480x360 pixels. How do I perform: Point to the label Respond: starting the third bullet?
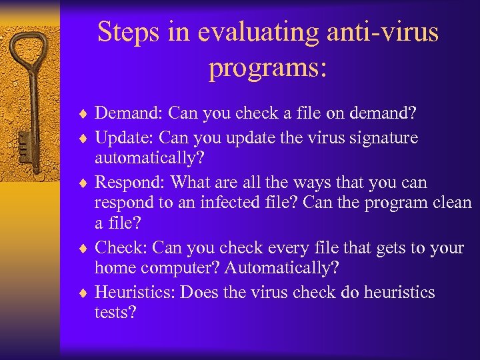pyautogui.click(x=130, y=183)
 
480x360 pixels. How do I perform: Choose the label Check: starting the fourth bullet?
pyautogui.click(x=121, y=248)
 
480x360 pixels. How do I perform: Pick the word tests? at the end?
pyautogui.click(x=115, y=312)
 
